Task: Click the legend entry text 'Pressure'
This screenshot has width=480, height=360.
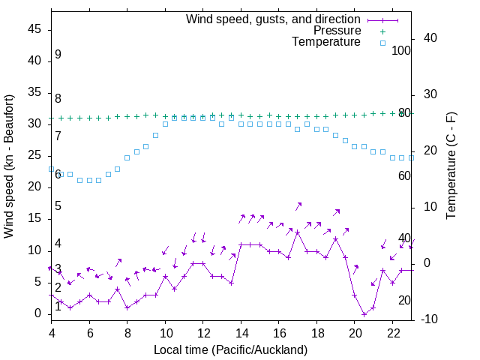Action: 337,31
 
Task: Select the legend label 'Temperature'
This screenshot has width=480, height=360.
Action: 326,42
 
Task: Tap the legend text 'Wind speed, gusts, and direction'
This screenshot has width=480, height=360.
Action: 274,19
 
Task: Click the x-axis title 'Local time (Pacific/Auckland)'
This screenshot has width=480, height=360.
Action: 230,349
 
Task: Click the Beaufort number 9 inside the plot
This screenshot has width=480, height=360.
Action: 58,55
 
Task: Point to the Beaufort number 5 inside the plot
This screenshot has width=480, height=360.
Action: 58,206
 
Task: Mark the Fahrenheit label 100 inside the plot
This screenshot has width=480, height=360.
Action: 401,50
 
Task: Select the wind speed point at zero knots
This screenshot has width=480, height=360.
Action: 364,314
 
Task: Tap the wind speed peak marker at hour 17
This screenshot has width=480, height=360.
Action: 298,232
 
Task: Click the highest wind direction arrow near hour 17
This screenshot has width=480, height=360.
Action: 298,205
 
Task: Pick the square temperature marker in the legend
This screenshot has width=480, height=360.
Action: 382,43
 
